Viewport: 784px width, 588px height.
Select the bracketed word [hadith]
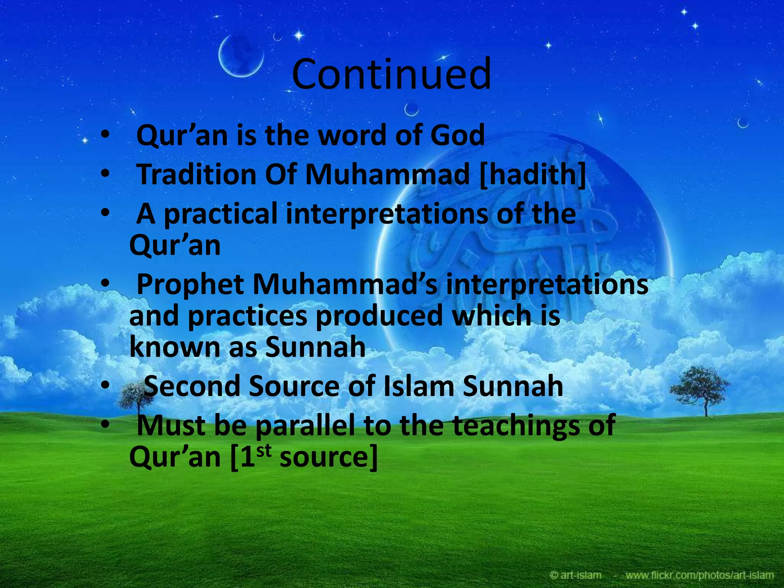coord(532,175)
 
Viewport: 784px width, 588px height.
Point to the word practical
coord(220,214)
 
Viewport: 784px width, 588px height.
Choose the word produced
coord(379,316)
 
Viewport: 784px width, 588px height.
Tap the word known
coord(175,347)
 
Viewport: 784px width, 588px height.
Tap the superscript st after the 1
coord(264,451)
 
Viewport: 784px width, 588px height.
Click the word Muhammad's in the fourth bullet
coord(345,284)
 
